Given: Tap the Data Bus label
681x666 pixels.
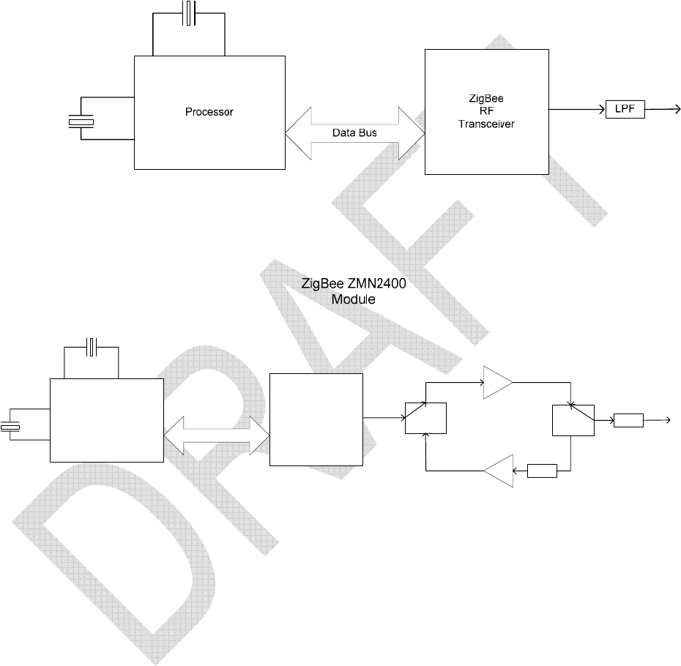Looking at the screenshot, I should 354,134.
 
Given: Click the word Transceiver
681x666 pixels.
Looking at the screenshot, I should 486,124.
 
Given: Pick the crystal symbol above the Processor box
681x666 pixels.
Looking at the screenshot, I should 189,14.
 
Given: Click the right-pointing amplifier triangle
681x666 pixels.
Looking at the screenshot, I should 497,382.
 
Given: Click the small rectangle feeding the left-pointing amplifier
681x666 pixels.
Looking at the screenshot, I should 543,471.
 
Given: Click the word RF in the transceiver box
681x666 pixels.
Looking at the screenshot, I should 486,112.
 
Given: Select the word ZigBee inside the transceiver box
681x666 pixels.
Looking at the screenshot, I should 486,100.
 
